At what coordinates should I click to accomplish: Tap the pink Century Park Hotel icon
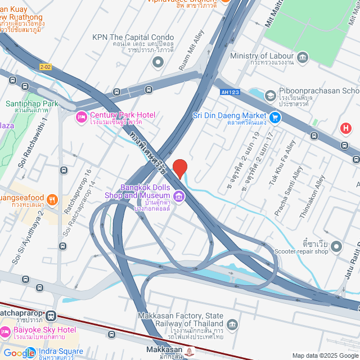(x=80, y=117)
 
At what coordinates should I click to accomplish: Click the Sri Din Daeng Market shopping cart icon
(x=275, y=117)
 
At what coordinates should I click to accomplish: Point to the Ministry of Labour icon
(x=303, y=57)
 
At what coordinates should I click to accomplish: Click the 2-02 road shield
(x=45, y=67)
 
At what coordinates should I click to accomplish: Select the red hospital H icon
(x=346, y=128)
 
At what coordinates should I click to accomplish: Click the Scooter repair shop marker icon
(x=336, y=246)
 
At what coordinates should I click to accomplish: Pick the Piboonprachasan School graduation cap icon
(x=271, y=96)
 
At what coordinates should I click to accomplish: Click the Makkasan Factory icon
(x=232, y=325)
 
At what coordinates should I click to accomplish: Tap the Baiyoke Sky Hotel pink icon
(x=5, y=333)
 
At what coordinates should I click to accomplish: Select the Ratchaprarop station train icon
(x=52, y=316)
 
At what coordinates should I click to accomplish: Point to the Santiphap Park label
(x=31, y=107)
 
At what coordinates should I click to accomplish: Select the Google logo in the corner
(x=19, y=353)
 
